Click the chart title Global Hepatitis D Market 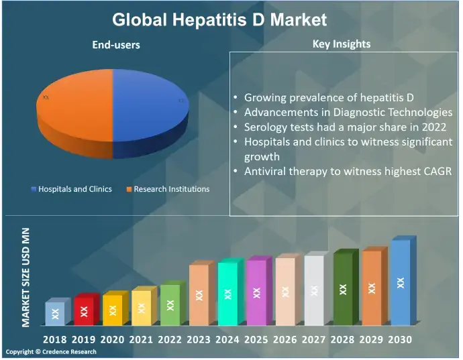pos(219,19)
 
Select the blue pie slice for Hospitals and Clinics pos(148,107)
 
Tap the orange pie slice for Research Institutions pos(74,104)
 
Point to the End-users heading pos(115,46)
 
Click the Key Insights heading pos(342,44)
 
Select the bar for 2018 pos(56,312)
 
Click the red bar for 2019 pos(84,310)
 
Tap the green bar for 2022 pos(170,305)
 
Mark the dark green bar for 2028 pos(343,290)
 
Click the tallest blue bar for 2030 pos(401,283)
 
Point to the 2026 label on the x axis pos(285,340)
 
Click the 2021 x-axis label pos(142,340)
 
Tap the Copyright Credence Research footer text pos(51,352)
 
